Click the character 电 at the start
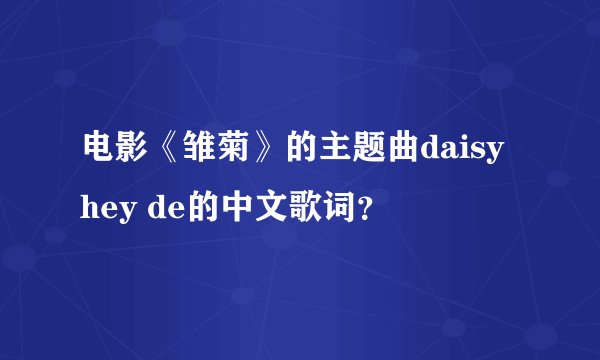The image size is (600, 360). pyautogui.click(x=97, y=153)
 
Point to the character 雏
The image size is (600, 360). pyautogui.click(x=199, y=153)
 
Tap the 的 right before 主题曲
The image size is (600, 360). pyautogui.click(x=301, y=153)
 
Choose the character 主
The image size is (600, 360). pyautogui.click(x=335, y=153)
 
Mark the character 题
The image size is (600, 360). pyautogui.click(x=369, y=153)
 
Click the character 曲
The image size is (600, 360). pyautogui.click(x=403, y=153)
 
